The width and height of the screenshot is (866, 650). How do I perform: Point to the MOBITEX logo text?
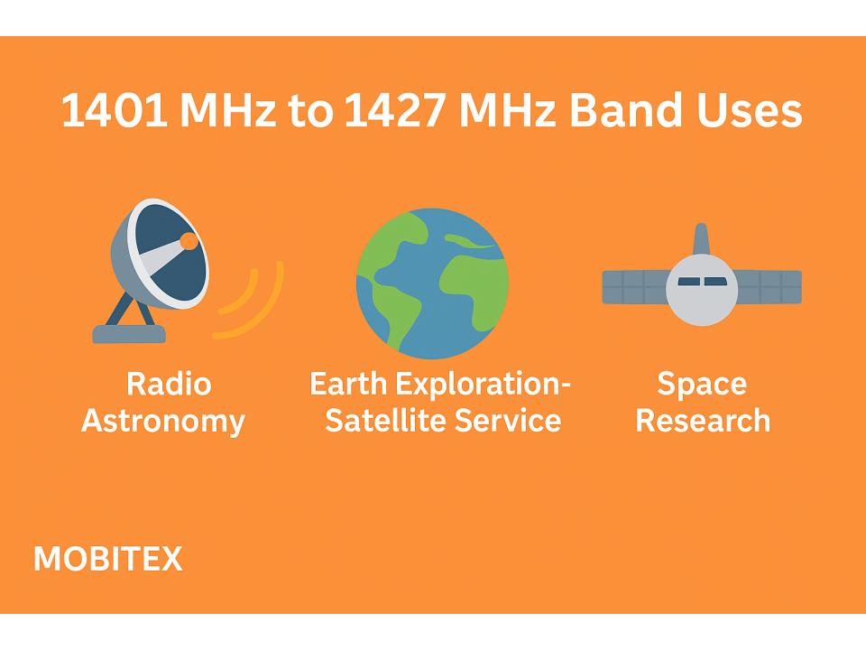(107, 560)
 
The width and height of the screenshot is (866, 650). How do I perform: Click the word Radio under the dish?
(169, 384)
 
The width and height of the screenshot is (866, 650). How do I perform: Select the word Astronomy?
(163, 421)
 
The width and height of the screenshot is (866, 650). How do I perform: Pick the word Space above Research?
(702, 384)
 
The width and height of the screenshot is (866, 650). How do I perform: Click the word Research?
(704, 421)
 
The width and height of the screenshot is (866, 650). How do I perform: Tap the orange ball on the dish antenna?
(189, 241)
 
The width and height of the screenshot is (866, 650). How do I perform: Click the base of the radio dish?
(129, 334)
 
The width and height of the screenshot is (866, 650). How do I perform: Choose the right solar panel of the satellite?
(769, 286)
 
